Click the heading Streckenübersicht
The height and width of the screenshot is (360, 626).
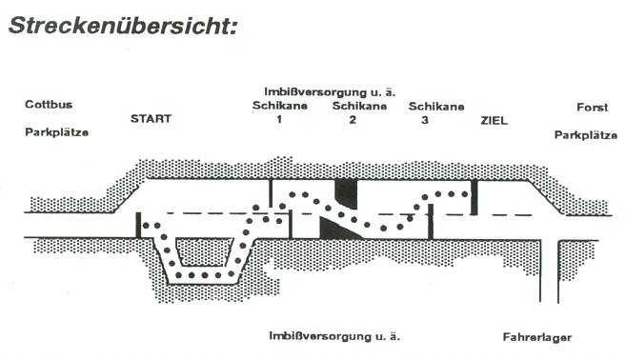(123, 25)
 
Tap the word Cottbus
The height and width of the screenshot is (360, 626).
(49, 105)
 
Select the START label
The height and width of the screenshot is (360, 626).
(151, 118)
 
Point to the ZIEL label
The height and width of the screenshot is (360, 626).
(494, 121)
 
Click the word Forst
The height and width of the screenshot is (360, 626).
(593, 108)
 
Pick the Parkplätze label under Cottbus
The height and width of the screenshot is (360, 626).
(56, 132)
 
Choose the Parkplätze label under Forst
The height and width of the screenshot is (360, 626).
(586, 135)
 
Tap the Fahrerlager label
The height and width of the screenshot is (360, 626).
(537, 338)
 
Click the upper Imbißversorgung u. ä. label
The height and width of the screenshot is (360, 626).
(330, 92)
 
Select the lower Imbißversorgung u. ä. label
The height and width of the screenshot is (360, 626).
(334, 336)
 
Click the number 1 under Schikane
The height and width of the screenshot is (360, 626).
(279, 119)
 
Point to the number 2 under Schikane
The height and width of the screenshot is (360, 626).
(353, 120)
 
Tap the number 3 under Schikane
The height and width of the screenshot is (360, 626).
(425, 120)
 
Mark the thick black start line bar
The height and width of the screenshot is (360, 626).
(138, 226)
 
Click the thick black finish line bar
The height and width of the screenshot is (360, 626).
(474, 197)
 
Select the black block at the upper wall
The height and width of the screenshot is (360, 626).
(346, 194)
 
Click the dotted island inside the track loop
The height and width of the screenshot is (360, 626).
(205, 252)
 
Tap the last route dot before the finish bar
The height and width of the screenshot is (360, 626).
(465, 194)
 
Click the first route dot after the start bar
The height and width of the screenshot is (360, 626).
(146, 226)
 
